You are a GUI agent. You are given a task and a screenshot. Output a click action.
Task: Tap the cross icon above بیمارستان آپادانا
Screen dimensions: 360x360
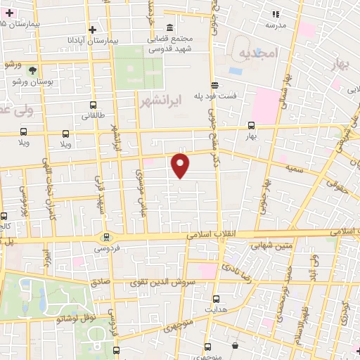pyautogui.click(x=92, y=30)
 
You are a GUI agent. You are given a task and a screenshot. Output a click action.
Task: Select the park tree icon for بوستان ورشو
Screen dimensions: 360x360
pyautogui.click(x=32, y=70)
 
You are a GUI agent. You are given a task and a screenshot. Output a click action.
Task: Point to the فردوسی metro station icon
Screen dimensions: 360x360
pyautogui.click(x=107, y=237)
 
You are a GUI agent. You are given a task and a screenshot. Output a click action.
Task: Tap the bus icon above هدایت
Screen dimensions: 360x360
pyautogui.click(x=215, y=298)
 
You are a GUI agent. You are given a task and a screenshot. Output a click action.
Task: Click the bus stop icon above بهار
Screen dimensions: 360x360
pyautogui.click(x=252, y=124)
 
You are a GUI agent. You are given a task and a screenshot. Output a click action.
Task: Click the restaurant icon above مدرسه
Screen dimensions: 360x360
pyautogui.click(x=276, y=14)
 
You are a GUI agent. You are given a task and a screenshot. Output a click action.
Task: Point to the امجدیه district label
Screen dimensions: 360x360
pyautogui.click(x=259, y=53)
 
